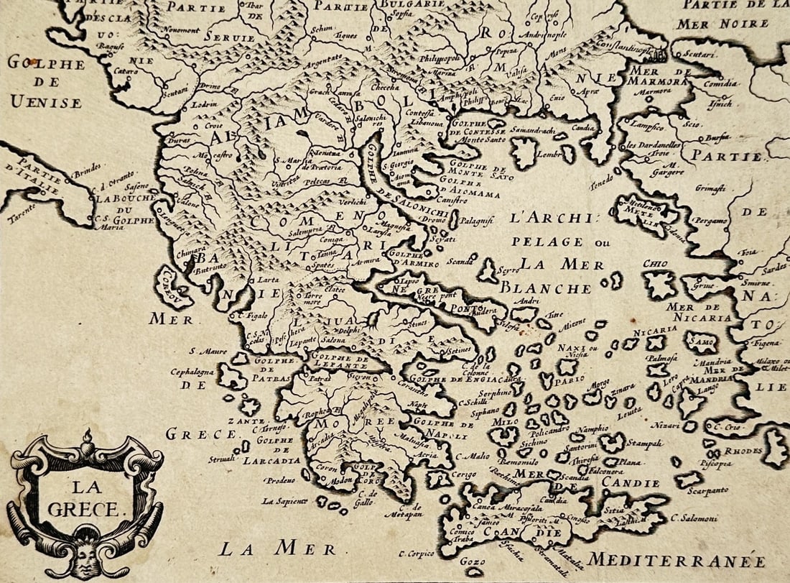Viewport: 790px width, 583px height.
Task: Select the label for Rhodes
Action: tap(743, 451)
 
